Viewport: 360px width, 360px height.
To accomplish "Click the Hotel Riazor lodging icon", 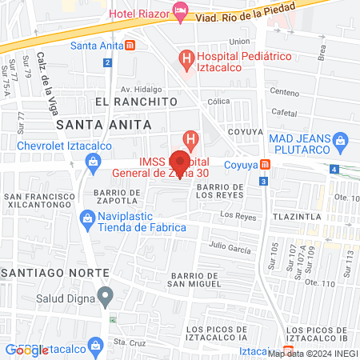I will pyautogui.click(x=181, y=14).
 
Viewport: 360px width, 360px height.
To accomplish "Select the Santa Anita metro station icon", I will pyautogui.click(x=131, y=45).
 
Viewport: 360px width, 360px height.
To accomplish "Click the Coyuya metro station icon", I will pyautogui.click(x=267, y=165).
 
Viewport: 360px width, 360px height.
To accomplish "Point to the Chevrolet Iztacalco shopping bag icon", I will pyautogui.click(x=94, y=161).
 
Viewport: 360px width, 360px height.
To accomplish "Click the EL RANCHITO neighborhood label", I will pyautogui.click(x=134, y=102).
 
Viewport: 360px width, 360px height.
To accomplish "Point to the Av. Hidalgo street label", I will pyautogui.click(x=141, y=89).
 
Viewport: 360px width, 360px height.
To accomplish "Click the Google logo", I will pyautogui.click(x=28, y=350).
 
